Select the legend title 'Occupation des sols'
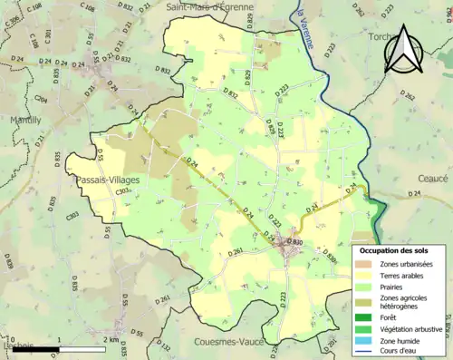tap(394, 249)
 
